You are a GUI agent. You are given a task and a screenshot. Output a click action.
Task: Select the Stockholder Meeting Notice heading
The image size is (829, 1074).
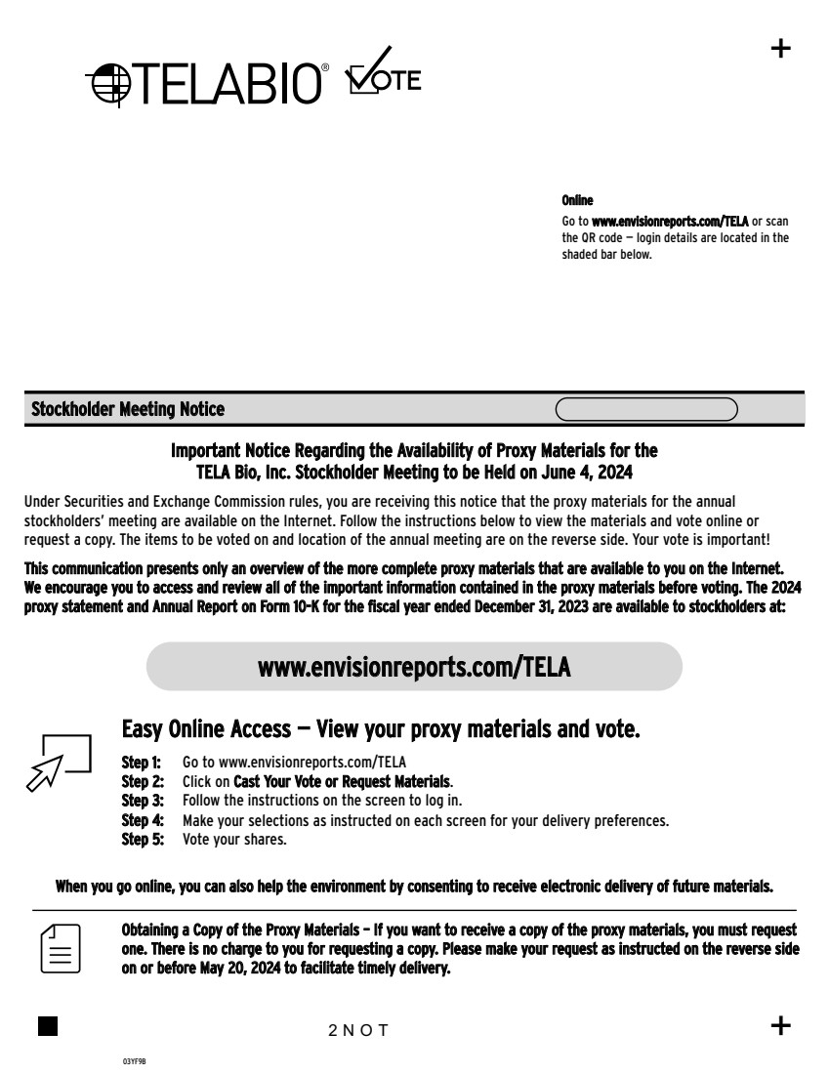tap(128, 410)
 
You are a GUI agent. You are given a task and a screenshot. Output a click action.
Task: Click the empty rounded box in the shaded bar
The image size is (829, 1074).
tap(646, 409)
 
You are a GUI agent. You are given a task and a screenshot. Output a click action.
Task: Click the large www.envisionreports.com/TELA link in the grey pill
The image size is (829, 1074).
tap(414, 667)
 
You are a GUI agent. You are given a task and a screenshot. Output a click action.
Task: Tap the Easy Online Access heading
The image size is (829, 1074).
tap(381, 729)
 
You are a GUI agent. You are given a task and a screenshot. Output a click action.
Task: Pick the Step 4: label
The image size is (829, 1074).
tap(142, 820)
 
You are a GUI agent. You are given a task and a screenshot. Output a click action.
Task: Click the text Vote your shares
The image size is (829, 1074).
tap(234, 840)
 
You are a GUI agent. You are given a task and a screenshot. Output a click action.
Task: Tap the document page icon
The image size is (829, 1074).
tap(61, 947)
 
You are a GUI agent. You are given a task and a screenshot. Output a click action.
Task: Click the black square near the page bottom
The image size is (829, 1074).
tap(47, 1025)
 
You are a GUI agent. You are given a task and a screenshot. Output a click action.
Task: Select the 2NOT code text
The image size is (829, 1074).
tap(359, 1030)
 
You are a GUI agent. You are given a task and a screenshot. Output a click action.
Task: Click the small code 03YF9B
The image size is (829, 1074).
tap(134, 1059)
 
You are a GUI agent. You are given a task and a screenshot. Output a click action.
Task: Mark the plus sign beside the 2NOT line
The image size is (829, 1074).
tap(781, 1025)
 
